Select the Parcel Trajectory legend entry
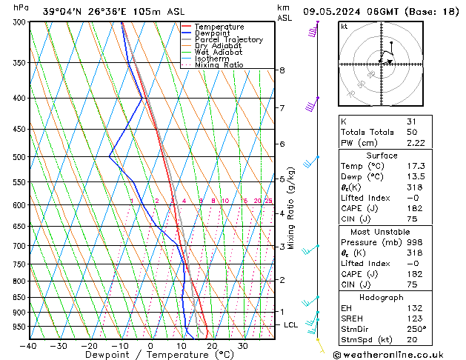coord(228,40)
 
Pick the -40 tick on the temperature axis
coord(29,346)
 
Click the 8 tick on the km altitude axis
coord(282,70)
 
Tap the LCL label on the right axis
coord(291,325)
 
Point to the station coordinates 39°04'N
coord(59,11)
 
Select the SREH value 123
coord(413,319)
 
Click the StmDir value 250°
coord(416,329)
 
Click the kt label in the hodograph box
coord(344,27)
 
